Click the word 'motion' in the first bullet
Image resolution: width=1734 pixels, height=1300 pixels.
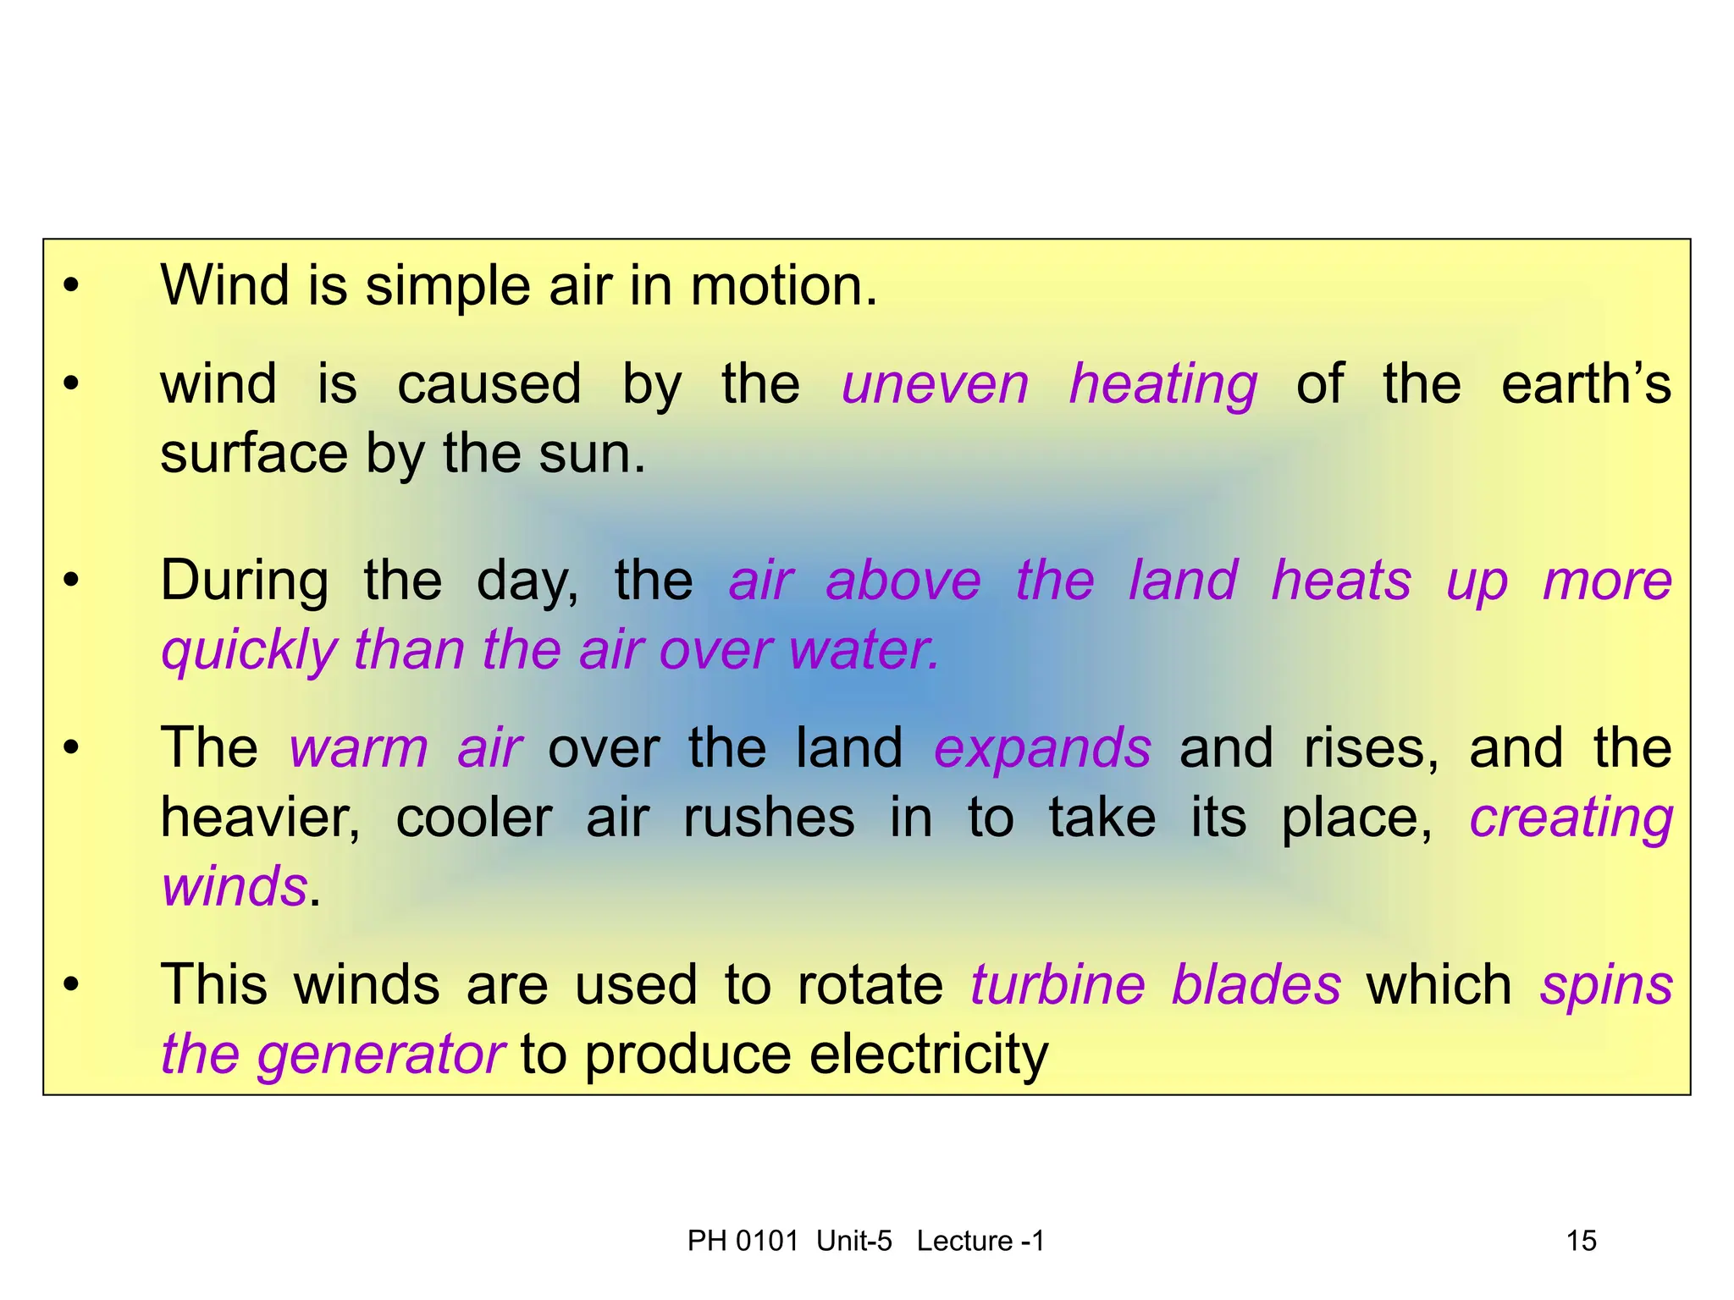point(782,286)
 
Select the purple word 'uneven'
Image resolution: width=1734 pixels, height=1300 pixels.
point(935,385)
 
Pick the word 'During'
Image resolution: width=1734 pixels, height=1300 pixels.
point(245,581)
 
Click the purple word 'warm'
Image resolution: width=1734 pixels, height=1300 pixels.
point(359,749)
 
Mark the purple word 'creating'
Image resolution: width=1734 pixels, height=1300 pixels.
point(1571,820)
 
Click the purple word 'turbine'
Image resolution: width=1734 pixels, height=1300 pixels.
point(1058,985)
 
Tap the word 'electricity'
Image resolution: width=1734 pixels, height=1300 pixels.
point(929,1056)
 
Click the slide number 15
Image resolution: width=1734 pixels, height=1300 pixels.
point(1581,1241)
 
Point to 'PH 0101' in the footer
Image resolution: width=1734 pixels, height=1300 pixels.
point(743,1241)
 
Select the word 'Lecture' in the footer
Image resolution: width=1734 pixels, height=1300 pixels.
point(964,1241)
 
